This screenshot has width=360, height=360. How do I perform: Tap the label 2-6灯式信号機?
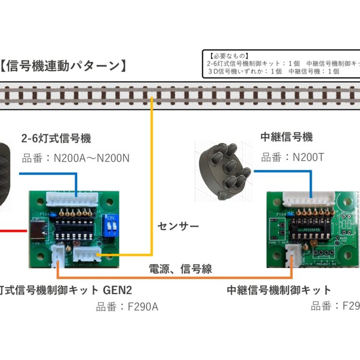point(56,138)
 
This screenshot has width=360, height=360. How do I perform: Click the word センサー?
point(178,227)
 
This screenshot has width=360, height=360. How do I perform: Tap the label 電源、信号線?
point(181,269)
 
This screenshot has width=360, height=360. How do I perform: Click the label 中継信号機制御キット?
point(279,290)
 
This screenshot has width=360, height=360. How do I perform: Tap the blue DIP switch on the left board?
point(112,226)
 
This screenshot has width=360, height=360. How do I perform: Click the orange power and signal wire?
point(177,277)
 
